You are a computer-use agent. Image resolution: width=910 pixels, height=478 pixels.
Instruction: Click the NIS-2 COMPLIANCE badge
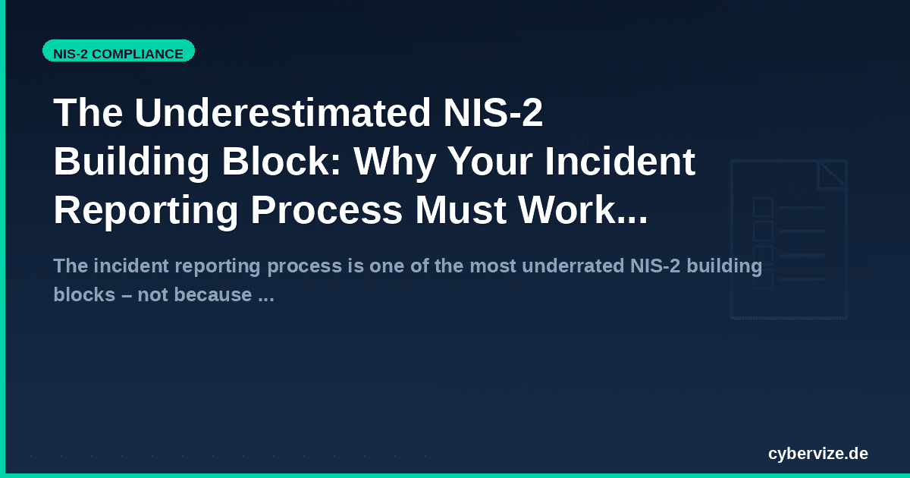pos(118,54)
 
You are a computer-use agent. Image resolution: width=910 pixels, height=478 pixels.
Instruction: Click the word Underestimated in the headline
pos(282,114)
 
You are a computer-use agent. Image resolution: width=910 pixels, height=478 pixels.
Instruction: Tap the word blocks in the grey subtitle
pos(77,294)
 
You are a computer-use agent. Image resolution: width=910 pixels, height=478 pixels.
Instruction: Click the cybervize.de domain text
pos(817,454)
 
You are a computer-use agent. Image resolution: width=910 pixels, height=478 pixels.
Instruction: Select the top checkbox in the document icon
pos(763,207)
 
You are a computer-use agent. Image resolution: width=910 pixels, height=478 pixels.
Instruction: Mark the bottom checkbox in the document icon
pos(763,279)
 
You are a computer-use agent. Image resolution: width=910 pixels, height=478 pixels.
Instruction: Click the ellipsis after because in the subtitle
pos(265,294)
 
